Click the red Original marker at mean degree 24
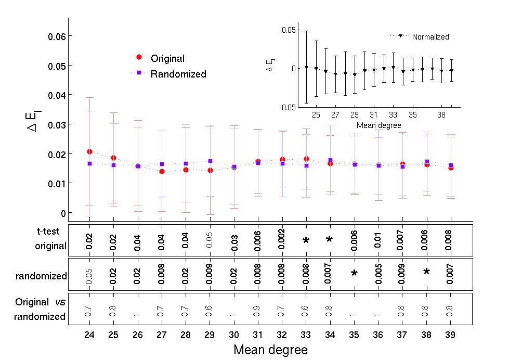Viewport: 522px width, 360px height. coord(90,151)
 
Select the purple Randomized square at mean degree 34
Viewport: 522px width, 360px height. coord(330,160)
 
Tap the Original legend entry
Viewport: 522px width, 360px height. coord(167,59)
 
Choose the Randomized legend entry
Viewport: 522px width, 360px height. coord(178,74)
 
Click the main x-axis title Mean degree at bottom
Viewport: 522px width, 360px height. coord(270,350)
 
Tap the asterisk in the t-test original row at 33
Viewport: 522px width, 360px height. coord(306,240)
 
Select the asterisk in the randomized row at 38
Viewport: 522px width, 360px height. coord(426,272)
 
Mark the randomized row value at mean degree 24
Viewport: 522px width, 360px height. coord(89,276)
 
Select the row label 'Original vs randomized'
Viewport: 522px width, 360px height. coord(40,309)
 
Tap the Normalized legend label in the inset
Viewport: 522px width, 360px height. coord(430,37)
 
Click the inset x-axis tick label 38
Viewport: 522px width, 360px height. coord(441,114)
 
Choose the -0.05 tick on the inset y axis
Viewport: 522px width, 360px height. coord(288,107)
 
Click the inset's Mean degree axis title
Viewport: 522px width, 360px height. coord(379,125)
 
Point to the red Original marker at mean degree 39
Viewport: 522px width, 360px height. coord(451,168)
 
